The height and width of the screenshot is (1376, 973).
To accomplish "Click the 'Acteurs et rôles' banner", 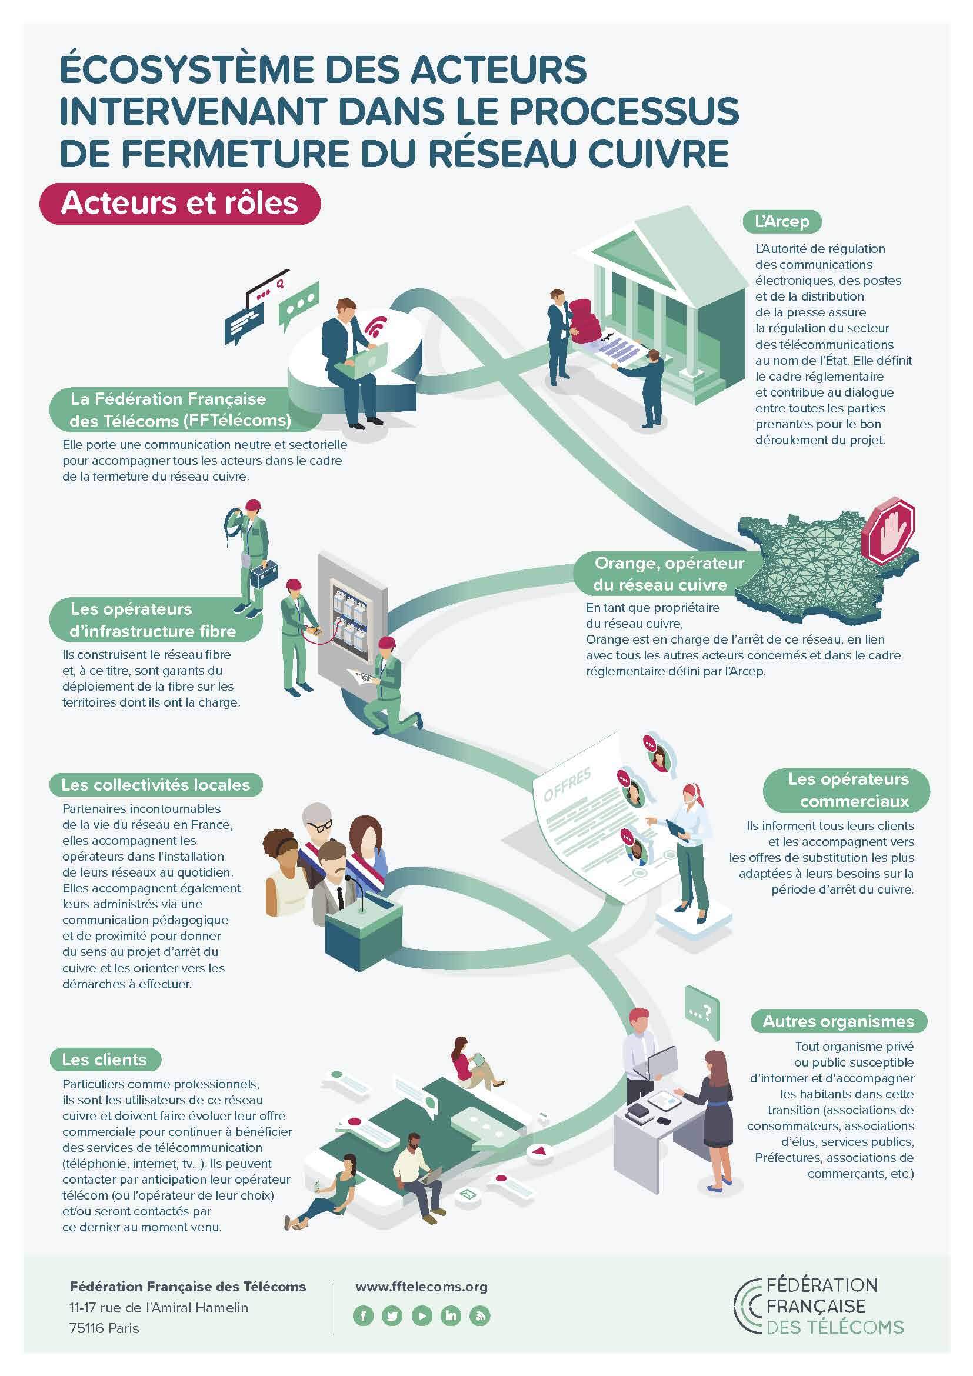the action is (x=180, y=204).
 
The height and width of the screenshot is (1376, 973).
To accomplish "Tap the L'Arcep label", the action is (x=782, y=221).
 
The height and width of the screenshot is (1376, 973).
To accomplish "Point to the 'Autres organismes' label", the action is (x=838, y=1021).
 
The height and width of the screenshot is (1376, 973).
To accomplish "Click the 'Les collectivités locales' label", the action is (x=155, y=785).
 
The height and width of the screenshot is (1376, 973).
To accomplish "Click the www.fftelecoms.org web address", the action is (x=422, y=1286).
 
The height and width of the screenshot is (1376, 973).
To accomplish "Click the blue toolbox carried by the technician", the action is (x=264, y=574).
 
